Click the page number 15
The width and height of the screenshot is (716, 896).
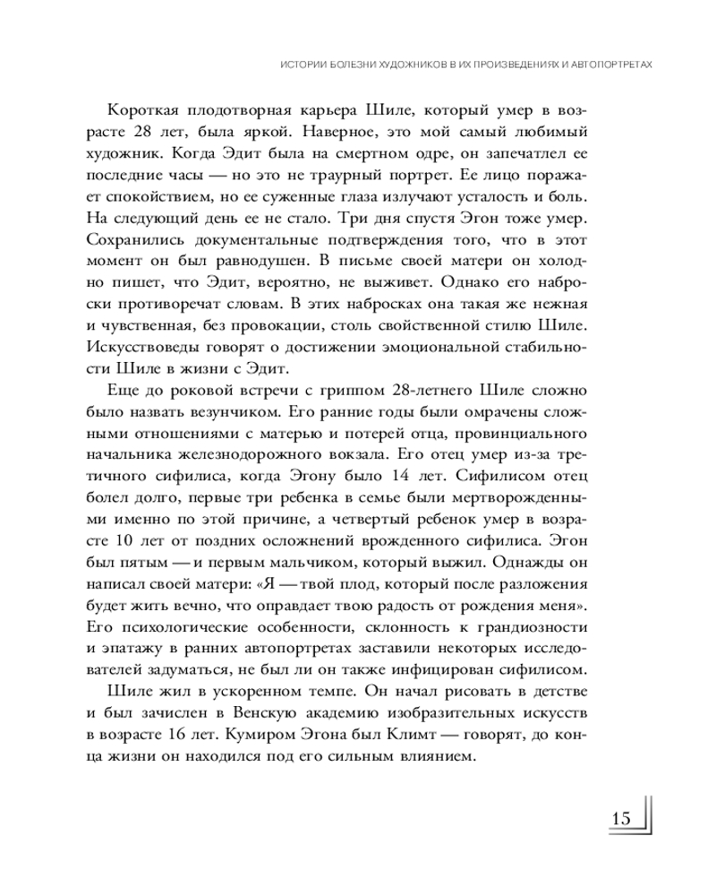click(621, 819)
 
